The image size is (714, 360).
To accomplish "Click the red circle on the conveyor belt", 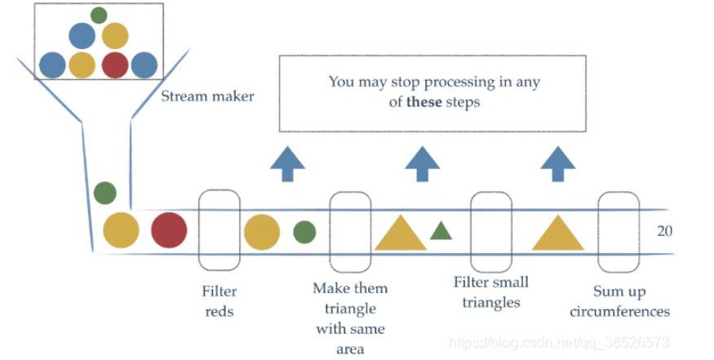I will (x=169, y=229).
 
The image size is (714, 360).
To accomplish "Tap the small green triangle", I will (x=441, y=231).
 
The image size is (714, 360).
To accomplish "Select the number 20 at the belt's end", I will (x=665, y=231).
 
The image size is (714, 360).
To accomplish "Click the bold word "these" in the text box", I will (x=424, y=102).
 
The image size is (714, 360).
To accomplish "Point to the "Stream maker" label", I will (x=207, y=96).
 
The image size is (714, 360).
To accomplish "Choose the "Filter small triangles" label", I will (x=491, y=291).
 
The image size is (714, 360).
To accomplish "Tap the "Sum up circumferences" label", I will (x=631, y=301).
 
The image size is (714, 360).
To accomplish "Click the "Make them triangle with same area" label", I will (x=350, y=318).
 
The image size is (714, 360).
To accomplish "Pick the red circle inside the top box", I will (x=114, y=64).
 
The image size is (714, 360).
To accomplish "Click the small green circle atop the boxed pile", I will (x=99, y=15).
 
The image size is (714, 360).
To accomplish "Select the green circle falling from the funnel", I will (x=104, y=193).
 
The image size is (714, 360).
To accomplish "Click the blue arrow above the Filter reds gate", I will (x=287, y=163).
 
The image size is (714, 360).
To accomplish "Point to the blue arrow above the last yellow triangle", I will (x=557, y=163).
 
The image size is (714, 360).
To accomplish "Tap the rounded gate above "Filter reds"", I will (x=220, y=231).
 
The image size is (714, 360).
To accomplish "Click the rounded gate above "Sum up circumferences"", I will (x=618, y=231).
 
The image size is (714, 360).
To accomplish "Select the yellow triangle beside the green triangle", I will (x=400, y=233).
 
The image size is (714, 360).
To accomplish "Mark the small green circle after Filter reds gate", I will (x=304, y=232).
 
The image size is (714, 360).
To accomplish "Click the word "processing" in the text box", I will (x=459, y=82).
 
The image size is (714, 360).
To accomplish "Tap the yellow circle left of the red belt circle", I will (x=121, y=229).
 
